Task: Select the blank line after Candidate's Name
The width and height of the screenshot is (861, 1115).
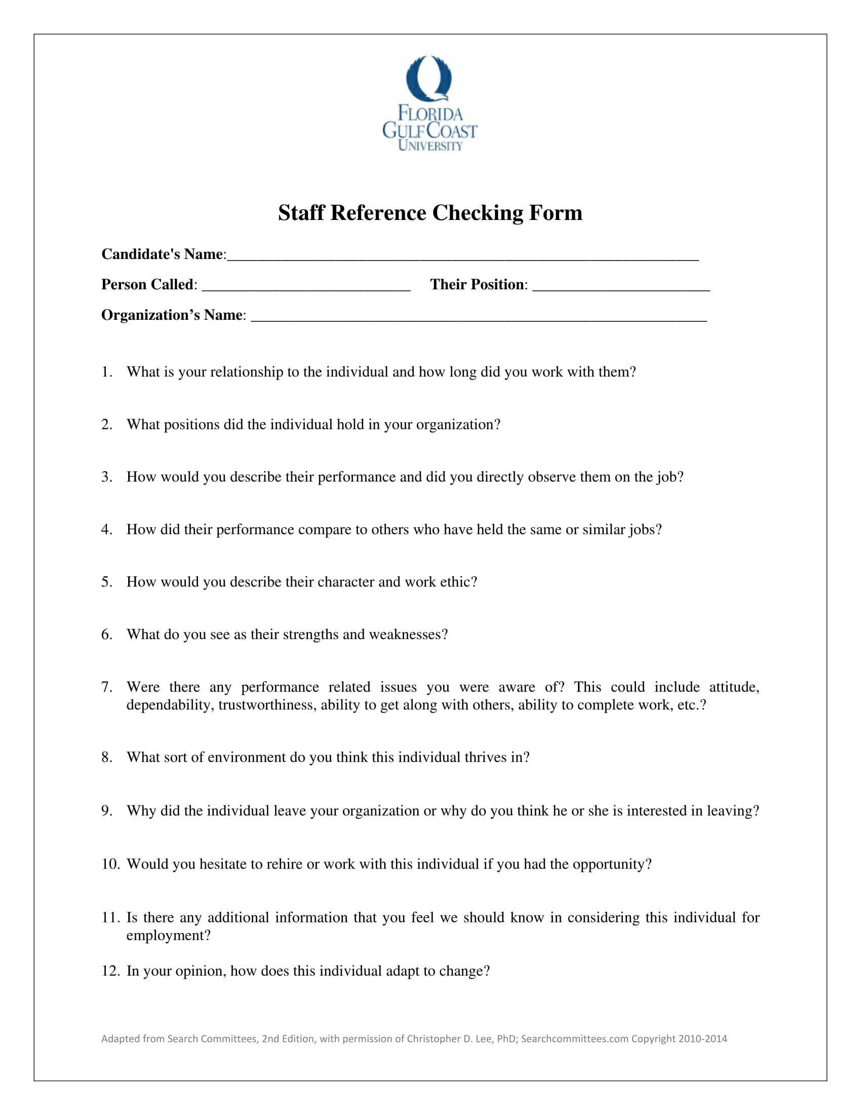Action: (462, 257)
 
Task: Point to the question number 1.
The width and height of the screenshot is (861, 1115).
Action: (106, 371)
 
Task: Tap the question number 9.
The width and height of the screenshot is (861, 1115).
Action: (106, 811)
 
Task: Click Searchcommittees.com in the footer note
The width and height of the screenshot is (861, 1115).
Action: (574, 1039)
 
